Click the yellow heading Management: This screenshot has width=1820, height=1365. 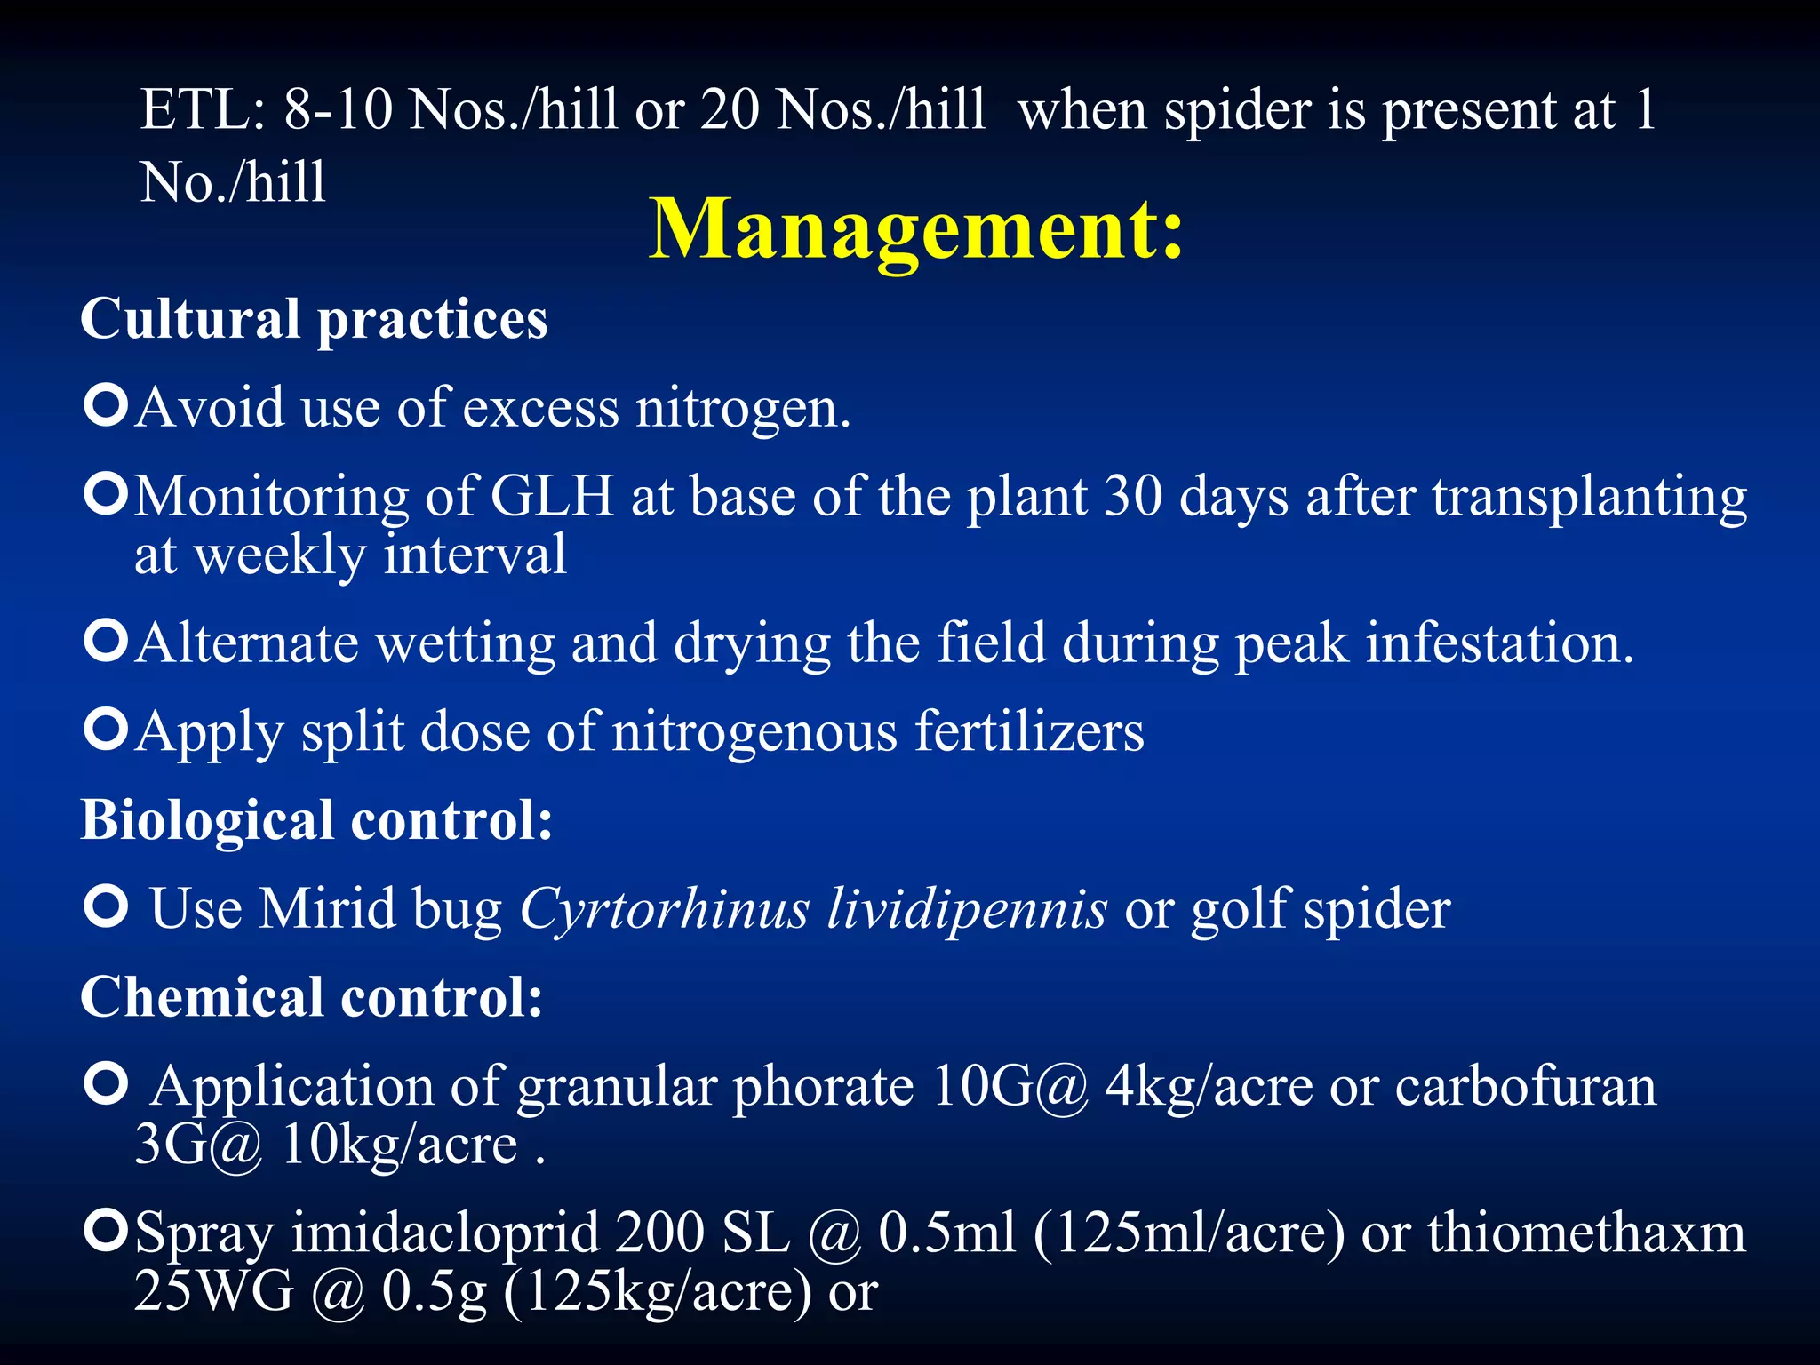click(916, 229)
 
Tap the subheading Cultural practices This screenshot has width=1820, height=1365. click(314, 319)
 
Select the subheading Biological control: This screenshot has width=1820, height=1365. click(316, 819)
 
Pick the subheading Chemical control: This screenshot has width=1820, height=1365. click(311, 997)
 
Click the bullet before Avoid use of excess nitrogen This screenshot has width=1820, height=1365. click(107, 405)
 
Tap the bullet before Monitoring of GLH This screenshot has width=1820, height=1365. click(107, 494)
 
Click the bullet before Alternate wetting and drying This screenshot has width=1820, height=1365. click(107, 641)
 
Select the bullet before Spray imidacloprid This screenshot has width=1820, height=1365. click(107, 1231)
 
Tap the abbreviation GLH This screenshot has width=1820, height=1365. click(552, 496)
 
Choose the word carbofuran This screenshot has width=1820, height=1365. click(1525, 1087)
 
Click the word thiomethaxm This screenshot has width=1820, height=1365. click(1586, 1233)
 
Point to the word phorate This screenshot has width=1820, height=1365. click(823, 1087)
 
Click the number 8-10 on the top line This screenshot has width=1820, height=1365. click(338, 110)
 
